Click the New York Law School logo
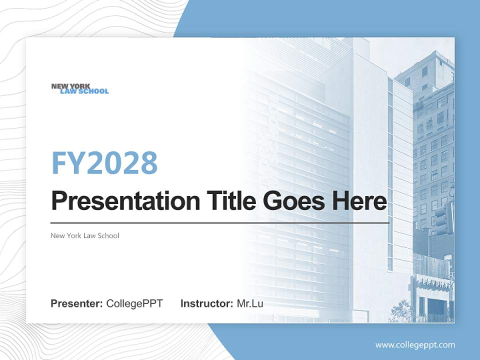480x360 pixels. [79, 88]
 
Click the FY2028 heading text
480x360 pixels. [104, 162]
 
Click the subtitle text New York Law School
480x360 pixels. [85, 235]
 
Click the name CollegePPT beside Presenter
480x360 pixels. [134, 303]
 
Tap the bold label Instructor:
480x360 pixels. [206, 303]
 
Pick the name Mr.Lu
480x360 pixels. [250, 303]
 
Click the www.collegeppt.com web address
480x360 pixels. [415, 344]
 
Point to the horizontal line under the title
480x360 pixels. [220, 222]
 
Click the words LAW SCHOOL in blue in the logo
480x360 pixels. [84, 91]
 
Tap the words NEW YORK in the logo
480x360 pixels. [70, 86]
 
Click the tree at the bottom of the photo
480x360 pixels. [403, 311]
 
